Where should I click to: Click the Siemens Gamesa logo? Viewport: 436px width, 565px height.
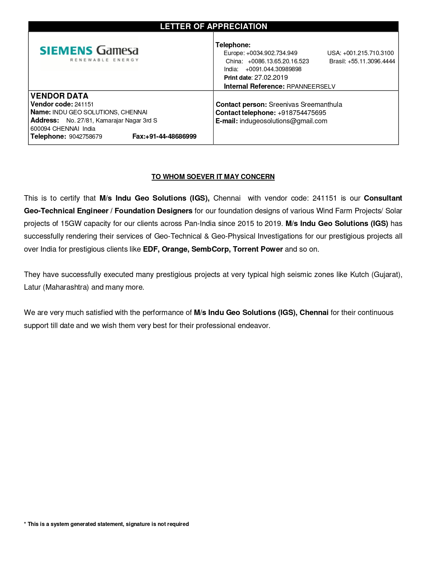click(89, 54)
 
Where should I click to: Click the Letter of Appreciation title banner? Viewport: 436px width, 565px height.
click(213, 26)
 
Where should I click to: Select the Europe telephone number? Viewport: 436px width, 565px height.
click(272, 53)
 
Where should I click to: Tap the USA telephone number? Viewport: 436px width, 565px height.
click(368, 53)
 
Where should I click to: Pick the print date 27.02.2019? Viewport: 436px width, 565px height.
click(271, 78)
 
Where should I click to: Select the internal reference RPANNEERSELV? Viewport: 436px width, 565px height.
click(311, 87)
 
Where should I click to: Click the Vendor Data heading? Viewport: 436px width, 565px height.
click(60, 96)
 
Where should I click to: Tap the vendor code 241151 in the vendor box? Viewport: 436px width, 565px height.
click(84, 104)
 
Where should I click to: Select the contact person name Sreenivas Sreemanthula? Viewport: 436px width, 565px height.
click(305, 105)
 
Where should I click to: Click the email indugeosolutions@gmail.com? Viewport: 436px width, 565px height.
click(283, 121)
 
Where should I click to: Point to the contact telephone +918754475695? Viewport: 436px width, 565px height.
click(302, 113)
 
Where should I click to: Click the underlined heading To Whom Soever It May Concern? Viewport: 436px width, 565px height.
click(213, 177)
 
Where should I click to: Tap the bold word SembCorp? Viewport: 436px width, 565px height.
click(210, 249)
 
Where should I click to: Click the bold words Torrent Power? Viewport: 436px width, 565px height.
click(258, 249)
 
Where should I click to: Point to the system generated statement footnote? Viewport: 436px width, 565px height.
click(106, 524)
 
